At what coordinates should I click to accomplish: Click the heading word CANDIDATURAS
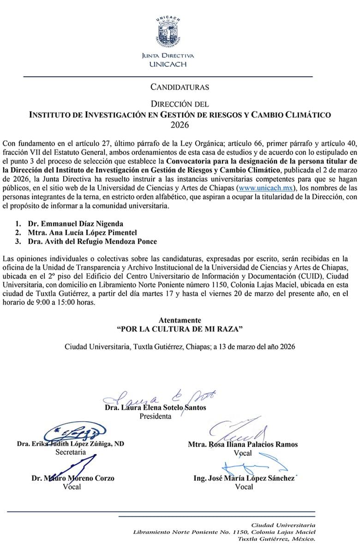[x=180, y=86]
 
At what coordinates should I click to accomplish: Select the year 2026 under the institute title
[x=180, y=124]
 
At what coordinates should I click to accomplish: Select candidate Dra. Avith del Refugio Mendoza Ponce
[x=98, y=242]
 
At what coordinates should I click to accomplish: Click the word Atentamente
[x=180, y=320]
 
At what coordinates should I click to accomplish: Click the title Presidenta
[x=155, y=416]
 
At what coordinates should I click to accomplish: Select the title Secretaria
[x=70, y=452]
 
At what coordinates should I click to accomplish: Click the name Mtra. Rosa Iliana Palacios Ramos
[x=243, y=444]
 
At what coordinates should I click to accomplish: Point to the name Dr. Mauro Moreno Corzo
[x=72, y=478]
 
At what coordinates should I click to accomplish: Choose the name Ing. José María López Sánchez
[x=243, y=478]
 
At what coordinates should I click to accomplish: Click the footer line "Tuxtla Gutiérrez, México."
[x=276, y=539]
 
